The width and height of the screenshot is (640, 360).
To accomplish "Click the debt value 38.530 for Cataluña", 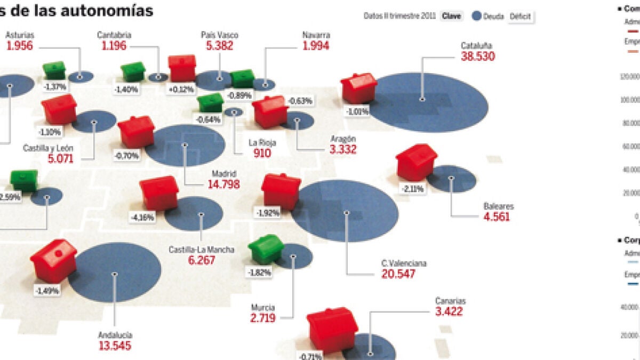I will (478, 57).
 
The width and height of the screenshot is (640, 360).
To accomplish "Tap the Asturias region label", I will (20, 35).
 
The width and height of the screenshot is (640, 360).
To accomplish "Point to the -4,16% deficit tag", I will (142, 217).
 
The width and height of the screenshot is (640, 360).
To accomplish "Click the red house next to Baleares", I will (416, 162).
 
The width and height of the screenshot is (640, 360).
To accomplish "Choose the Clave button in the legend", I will (452, 16).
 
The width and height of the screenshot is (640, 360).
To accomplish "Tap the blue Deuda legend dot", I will (477, 16).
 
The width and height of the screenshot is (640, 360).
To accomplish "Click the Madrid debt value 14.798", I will (223, 185).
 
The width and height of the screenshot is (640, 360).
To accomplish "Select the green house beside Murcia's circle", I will (265, 249).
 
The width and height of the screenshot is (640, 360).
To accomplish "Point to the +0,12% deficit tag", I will (181, 90).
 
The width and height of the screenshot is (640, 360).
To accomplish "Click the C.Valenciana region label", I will (404, 263).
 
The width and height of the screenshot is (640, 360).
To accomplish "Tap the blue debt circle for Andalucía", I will (115, 273).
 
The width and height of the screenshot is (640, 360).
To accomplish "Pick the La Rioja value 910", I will (262, 154).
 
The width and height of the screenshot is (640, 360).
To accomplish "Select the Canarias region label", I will (450, 301).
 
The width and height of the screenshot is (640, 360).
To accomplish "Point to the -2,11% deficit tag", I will (413, 189).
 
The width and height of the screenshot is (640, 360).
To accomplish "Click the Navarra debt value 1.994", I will (316, 46).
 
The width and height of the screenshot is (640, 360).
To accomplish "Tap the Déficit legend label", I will (520, 17).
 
